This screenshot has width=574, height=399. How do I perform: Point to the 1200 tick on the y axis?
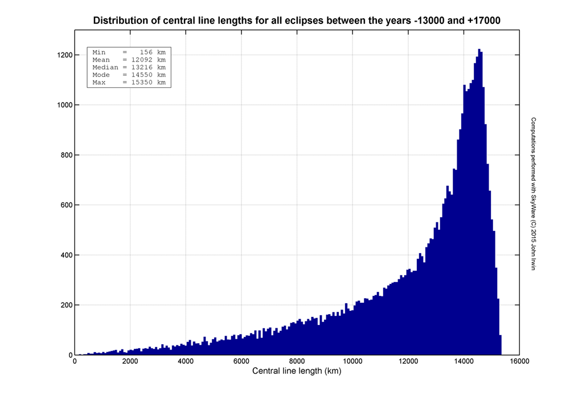coord(63,55)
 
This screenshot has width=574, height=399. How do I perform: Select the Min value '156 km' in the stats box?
coord(153,52)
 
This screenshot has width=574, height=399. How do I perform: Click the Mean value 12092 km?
coord(148,60)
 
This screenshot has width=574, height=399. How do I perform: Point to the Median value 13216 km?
coord(148,67)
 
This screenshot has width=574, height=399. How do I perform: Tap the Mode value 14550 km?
coord(148,75)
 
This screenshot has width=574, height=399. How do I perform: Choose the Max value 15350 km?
coord(148,82)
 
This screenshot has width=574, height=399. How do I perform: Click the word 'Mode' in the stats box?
coord(101,75)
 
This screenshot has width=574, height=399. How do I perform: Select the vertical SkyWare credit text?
coord(534,194)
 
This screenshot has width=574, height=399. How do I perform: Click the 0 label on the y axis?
coord(70,355)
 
